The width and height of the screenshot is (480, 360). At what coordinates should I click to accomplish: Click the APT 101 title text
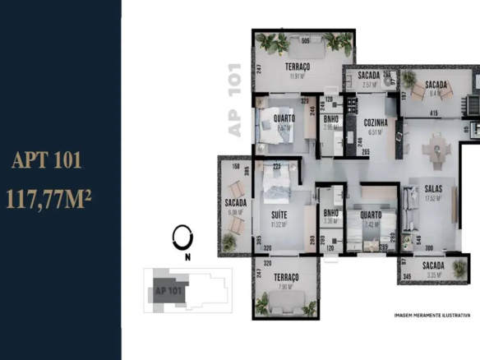point(47,160)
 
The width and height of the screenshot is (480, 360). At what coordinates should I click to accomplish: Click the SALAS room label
point(433,189)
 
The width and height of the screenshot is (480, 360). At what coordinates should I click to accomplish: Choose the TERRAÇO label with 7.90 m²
point(282,278)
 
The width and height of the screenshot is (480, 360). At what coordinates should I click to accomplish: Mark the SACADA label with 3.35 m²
point(433,265)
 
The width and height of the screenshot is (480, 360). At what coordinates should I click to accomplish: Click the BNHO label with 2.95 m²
point(331,119)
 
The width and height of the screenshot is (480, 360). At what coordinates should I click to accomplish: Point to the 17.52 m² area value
point(433,198)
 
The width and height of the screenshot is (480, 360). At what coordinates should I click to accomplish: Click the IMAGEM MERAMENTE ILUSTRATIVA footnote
point(432,315)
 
